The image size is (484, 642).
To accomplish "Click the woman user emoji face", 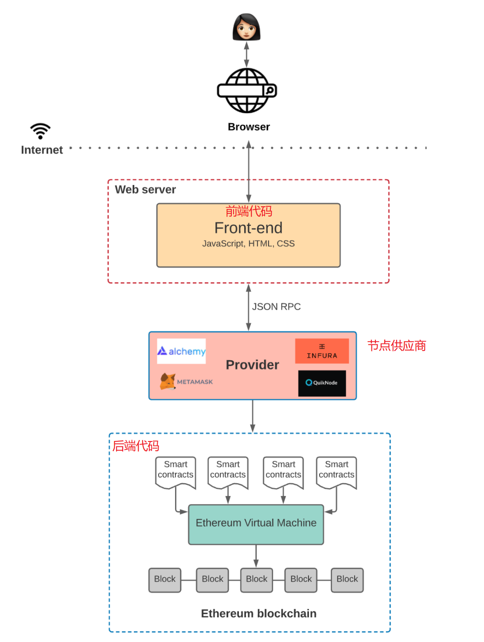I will [x=246, y=28].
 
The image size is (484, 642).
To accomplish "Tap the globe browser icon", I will [x=247, y=91].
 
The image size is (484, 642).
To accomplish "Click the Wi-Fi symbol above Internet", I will [x=40, y=131].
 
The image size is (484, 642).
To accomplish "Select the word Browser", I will [x=249, y=127].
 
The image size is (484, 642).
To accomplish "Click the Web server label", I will [x=145, y=190].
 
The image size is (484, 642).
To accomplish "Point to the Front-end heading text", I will [x=248, y=228].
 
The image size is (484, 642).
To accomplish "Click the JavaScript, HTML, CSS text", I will [x=248, y=244].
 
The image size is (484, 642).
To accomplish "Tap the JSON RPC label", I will [x=276, y=307].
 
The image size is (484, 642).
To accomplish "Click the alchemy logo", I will [x=181, y=351].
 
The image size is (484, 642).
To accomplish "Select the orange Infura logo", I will [x=322, y=351].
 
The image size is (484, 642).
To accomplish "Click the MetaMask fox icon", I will [x=168, y=382].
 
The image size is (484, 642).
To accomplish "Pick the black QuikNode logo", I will [x=322, y=383].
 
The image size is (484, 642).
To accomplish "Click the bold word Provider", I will [x=252, y=365].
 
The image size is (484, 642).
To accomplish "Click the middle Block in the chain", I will [x=256, y=579].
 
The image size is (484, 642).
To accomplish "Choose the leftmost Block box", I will [x=165, y=579].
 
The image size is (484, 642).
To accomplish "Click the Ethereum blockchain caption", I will [x=258, y=614].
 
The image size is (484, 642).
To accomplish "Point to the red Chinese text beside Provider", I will [x=396, y=346].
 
